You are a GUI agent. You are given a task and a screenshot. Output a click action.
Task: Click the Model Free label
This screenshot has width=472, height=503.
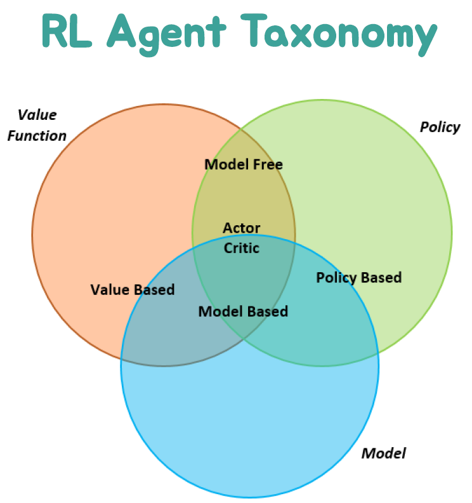[x=244, y=165]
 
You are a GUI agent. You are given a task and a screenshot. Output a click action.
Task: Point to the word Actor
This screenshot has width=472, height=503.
[x=242, y=228]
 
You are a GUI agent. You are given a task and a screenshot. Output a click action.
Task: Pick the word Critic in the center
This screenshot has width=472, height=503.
[x=242, y=248]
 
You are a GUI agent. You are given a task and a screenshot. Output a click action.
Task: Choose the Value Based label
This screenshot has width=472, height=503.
[x=133, y=290]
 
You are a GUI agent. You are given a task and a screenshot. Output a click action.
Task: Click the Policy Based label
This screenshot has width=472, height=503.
[x=359, y=277]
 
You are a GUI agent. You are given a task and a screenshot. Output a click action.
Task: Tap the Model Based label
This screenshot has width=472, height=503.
[x=243, y=311]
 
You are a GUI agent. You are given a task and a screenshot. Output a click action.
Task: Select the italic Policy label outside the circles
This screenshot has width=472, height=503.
[x=440, y=127]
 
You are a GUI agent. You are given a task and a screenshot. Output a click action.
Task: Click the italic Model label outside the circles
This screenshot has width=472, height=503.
[x=383, y=453]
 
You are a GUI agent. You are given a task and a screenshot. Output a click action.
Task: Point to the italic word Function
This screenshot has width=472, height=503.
[x=37, y=136]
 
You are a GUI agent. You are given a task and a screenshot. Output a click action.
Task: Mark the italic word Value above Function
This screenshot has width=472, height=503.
[x=37, y=115]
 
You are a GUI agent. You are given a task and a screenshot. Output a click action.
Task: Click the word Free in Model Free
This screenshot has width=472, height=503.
[x=267, y=165]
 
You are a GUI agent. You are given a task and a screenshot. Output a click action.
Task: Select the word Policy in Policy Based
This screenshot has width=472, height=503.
[x=336, y=277]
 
